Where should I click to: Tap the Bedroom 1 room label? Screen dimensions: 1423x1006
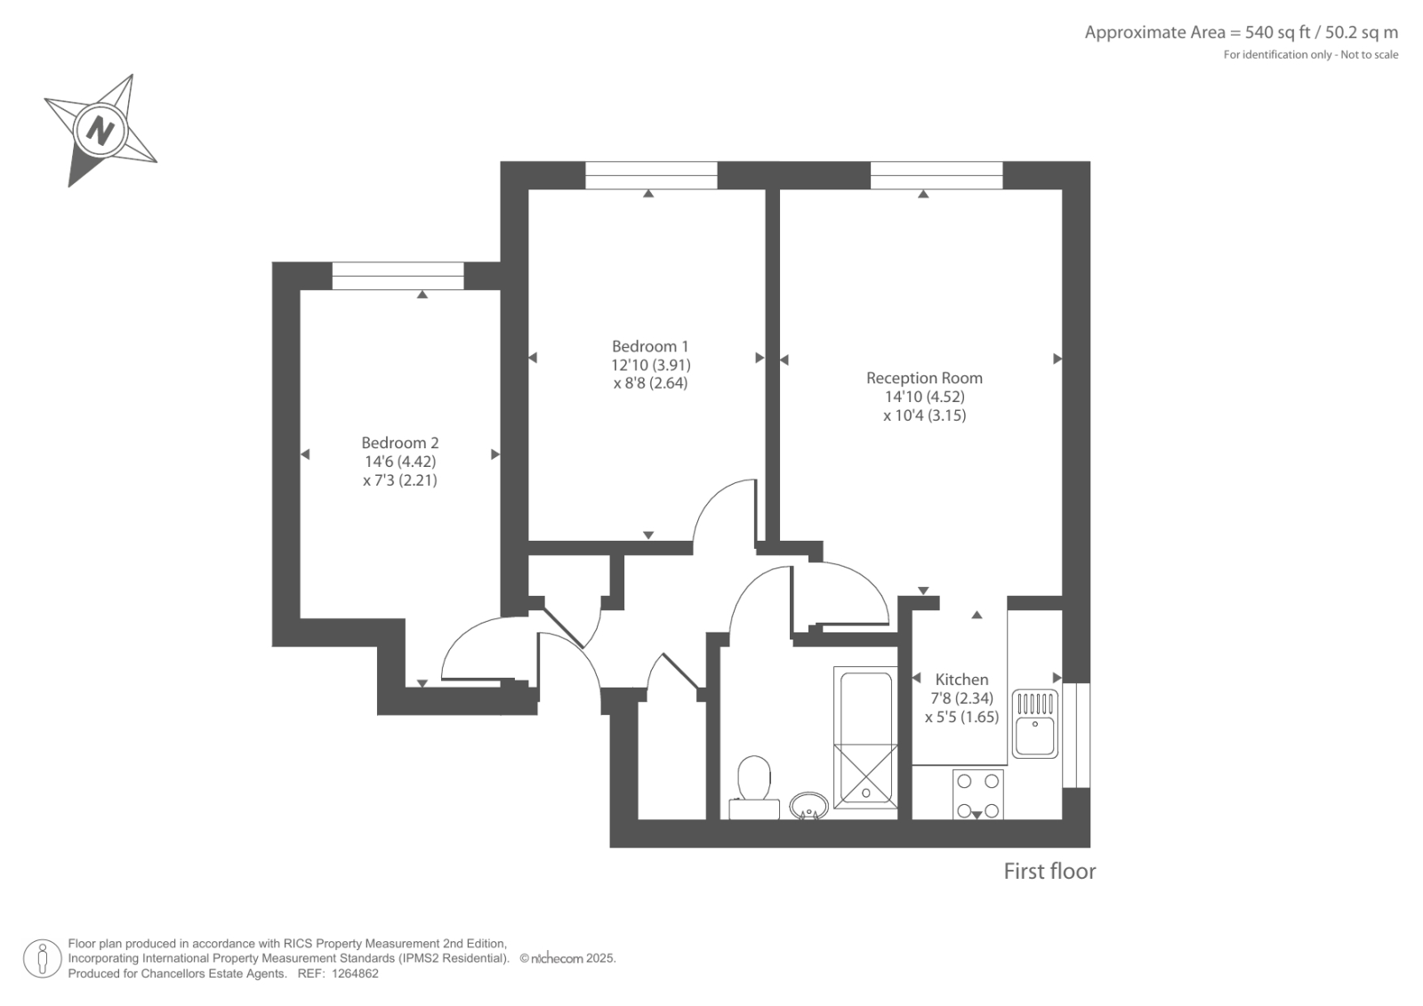click(x=650, y=346)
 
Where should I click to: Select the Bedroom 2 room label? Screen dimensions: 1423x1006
click(x=400, y=443)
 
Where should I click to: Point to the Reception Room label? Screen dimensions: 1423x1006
click(x=924, y=378)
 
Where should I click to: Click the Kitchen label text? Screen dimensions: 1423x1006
click(x=961, y=680)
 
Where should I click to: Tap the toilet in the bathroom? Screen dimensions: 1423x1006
click(x=754, y=787)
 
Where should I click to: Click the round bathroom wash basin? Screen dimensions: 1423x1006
click(x=808, y=806)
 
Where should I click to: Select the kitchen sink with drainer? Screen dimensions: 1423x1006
click(x=1035, y=724)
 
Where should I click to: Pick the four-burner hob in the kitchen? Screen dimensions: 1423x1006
click(x=978, y=794)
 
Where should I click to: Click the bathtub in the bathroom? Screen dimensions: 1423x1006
click(x=865, y=737)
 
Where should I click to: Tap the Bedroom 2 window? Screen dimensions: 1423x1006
click(x=398, y=276)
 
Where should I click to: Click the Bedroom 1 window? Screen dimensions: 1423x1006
click(x=651, y=175)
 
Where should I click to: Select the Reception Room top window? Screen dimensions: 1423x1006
click(x=937, y=175)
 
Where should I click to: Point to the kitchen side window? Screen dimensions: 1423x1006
click(x=1076, y=736)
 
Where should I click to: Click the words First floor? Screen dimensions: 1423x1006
click(x=1049, y=872)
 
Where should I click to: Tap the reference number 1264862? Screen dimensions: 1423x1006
click(x=355, y=974)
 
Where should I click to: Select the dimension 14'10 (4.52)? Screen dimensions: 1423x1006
click(x=925, y=398)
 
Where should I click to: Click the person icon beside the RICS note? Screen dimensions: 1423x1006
click(x=42, y=958)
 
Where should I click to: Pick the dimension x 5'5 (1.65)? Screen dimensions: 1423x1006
click(x=961, y=718)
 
